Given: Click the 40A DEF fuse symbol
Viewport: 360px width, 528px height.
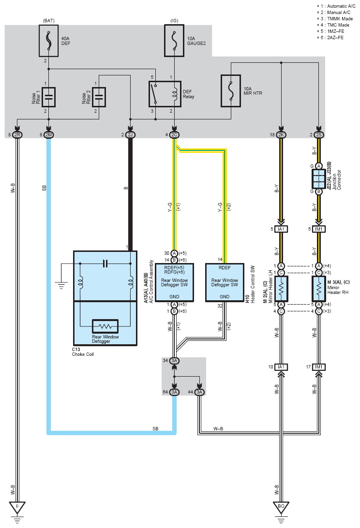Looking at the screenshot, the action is tap(48, 41).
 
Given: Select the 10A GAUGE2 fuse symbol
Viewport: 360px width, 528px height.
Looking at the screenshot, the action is tap(174, 41).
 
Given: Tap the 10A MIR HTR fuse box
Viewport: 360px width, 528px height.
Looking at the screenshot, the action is tap(231, 91).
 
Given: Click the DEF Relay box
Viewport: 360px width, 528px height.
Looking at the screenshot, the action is tap(165, 94).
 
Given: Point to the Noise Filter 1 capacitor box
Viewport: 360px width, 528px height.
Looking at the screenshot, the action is tap(48, 97).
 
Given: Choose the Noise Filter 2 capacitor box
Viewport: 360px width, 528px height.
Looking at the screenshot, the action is tap(99, 97).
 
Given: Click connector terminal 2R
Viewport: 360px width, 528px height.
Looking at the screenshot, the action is tap(17, 135).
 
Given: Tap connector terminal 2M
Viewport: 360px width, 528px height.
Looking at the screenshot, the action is tap(48, 135).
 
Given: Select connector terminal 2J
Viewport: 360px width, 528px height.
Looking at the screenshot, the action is tap(130, 135).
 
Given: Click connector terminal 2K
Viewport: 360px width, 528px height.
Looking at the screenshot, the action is tap(281, 135).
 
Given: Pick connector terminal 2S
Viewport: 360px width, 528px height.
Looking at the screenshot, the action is tap(318, 135).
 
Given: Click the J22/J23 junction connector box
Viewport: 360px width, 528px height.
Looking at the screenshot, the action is tap(318, 179).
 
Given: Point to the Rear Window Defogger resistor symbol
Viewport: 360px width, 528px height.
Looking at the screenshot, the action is tap(105, 326).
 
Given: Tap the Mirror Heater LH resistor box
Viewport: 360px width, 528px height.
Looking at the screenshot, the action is tap(281, 289).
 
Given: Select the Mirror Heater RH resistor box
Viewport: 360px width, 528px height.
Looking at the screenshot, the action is tap(318, 289).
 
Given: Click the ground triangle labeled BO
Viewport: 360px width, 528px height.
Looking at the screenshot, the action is tap(281, 506).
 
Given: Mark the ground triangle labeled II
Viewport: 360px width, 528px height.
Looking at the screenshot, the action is tap(17, 506).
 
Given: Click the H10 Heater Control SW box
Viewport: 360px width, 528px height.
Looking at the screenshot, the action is tap(225, 282).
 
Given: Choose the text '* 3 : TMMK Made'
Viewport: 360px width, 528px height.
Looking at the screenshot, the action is tap(335, 18).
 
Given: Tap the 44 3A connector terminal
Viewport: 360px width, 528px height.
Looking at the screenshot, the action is tap(199, 392).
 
